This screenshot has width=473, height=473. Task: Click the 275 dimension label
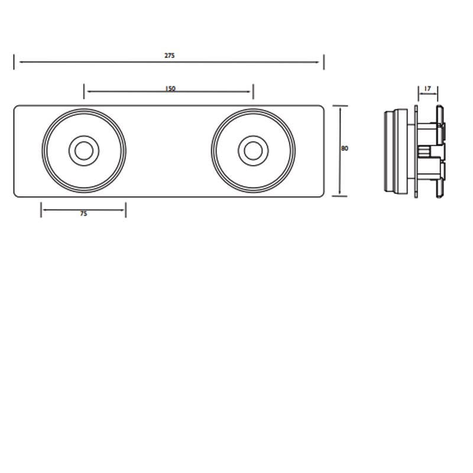coord(170,56)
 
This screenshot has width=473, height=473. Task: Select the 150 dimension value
coord(170,89)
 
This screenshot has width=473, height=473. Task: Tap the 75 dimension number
coord(83,214)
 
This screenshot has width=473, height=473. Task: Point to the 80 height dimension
coord(345,149)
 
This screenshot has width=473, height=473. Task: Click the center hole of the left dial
coord(83,150)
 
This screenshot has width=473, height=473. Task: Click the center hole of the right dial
coord(252,150)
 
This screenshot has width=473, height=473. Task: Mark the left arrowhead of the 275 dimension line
coord(17,61)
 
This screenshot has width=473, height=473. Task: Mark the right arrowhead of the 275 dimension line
coord(321,61)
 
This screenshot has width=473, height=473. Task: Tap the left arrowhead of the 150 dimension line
coord(86,92)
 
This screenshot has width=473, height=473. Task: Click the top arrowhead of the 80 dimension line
coord(339,108)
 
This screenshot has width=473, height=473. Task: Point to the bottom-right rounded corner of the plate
coord(321,194)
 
